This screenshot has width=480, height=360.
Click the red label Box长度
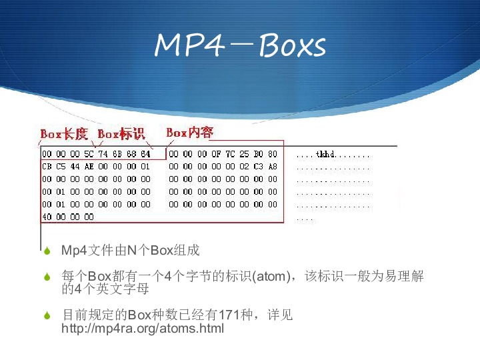[x=64, y=134]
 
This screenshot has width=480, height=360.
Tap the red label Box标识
[x=121, y=134]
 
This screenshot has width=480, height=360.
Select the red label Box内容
[x=190, y=133]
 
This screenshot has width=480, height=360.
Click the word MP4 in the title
[x=189, y=45]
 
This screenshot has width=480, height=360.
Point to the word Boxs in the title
[x=293, y=45]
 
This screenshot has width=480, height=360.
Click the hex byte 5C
[x=89, y=154]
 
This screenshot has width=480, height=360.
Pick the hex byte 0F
[x=216, y=154]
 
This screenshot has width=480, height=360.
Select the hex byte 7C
[x=230, y=154]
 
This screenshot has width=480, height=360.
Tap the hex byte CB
[x=47, y=167]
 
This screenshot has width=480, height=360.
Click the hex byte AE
[x=89, y=167]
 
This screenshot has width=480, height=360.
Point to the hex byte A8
[x=273, y=167]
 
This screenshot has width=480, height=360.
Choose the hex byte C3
[x=259, y=167]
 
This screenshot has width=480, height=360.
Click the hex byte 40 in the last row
[x=47, y=217]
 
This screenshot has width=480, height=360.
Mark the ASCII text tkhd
[x=326, y=154]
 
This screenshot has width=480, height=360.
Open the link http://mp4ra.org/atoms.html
[x=143, y=328]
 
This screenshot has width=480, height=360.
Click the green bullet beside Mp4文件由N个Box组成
[x=47, y=251]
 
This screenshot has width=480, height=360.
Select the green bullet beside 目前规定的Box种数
[x=47, y=315]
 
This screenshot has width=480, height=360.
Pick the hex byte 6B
[x=117, y=154]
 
